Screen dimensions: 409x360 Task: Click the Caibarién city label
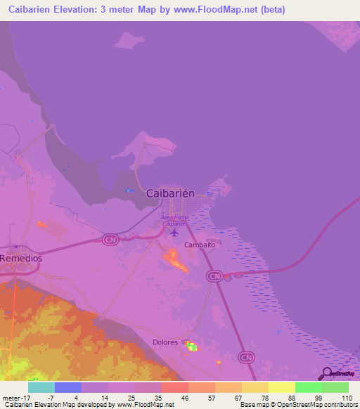(x=174, y=193)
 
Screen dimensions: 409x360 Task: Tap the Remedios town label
(x=21, y=259)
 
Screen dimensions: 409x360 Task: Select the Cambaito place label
(x=199, y=245)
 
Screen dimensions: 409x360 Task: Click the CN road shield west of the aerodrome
(x=110, y=240)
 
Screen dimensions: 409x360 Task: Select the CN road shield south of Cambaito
(x=214, y=277)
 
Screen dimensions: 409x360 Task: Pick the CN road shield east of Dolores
(x=246, y=358)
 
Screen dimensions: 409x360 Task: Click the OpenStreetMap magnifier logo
(x=327, y=375)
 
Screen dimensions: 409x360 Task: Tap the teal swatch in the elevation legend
(x=41, y=387)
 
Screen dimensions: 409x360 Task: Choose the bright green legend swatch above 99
(x=308, y=387)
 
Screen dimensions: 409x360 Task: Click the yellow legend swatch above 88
(x=281, y=387)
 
